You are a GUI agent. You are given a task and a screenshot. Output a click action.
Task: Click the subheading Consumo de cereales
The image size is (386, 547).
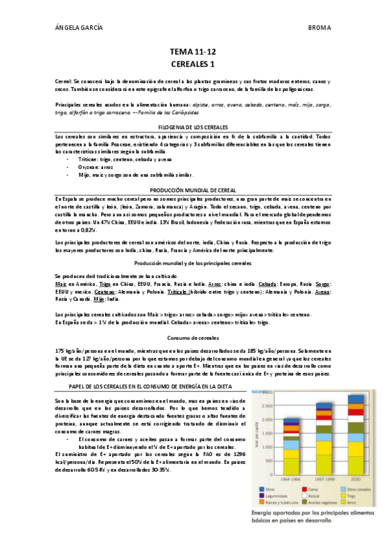pyautogui.click(x=193, y=337)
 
